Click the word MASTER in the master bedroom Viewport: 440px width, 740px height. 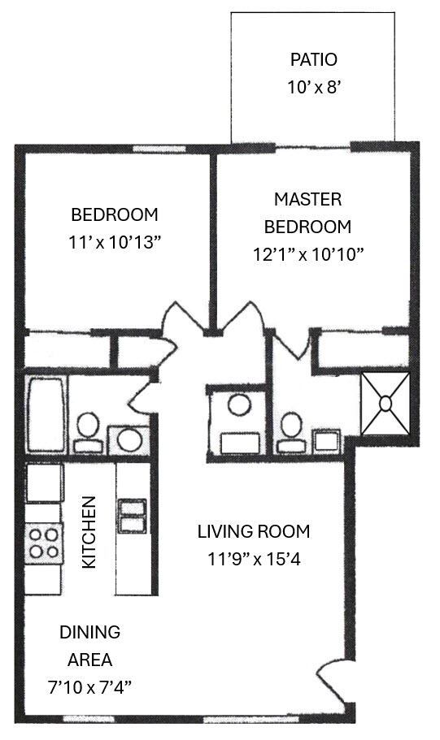(307, 199)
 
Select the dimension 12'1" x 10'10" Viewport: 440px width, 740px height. (307, 253)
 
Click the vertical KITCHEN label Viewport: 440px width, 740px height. (91, 532)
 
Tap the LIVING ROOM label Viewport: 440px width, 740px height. (254, 532)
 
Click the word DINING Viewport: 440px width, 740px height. (89, 632)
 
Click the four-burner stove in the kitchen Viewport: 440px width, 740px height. (45, 543)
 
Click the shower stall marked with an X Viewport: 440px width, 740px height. (386, 401)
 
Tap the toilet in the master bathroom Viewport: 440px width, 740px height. (290, 431)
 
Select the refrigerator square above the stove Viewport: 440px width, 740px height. (44, 483)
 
